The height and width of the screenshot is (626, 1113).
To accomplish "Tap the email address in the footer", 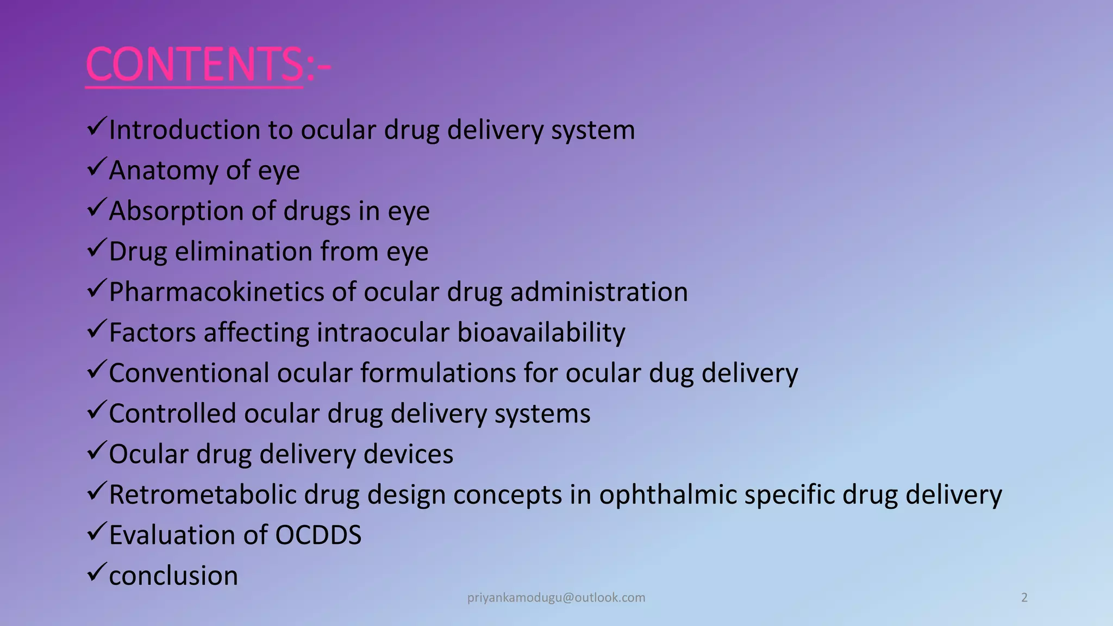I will (x=556, y=598).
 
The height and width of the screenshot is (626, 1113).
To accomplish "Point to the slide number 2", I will (x=1024, y=598).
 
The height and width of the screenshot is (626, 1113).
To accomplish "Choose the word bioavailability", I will (x=541, y=333).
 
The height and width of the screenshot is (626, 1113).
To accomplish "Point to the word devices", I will (x=408, y=454).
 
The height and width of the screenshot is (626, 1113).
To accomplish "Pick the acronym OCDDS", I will (x=318, y=535).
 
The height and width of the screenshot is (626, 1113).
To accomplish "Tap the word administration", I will (x=598, y=292).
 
